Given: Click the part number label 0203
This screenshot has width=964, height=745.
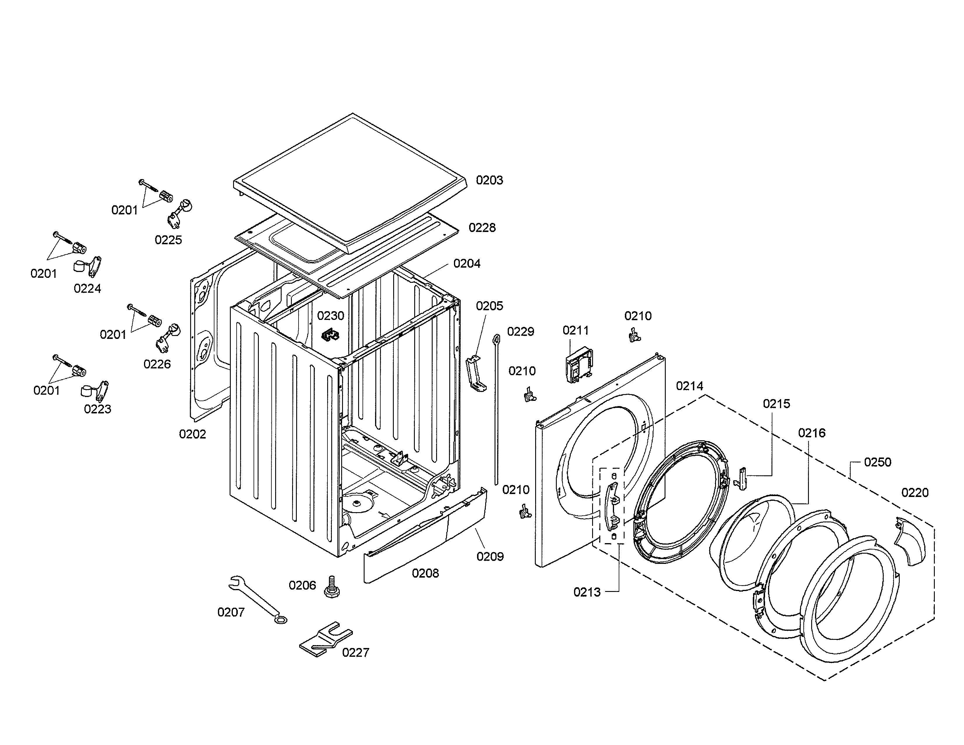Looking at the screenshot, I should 489,180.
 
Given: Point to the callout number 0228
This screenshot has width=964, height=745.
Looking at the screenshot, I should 482,228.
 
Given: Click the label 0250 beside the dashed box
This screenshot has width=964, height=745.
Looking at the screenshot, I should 878,462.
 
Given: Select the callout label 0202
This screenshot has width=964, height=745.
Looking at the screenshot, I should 193,434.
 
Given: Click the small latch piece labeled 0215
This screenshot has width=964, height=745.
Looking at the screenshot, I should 742,479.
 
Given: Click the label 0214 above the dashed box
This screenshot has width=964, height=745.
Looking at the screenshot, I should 689,386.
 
